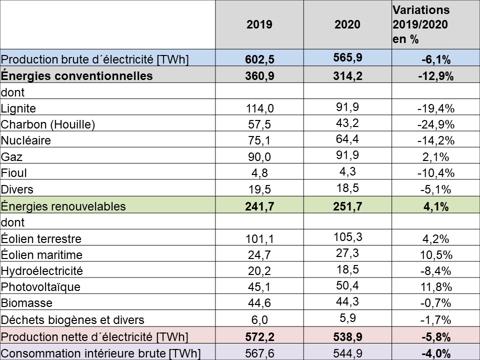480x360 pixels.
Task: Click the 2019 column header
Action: tap(259, 24)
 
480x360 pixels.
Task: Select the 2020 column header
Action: tap(347, 24)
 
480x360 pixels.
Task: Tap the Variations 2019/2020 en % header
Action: tap(421, 24)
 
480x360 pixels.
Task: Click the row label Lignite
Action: tap(19, 108)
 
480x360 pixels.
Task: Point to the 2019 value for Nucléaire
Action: tap(259, 141)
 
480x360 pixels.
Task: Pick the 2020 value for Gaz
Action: tap(347, 154)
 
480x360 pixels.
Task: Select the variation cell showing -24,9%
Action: tap(434, 125)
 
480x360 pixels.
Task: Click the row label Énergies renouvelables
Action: tap(63, 206)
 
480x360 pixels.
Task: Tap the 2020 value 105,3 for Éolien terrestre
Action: tap(347, 236)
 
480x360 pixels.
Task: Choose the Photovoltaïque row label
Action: tap(41, 287)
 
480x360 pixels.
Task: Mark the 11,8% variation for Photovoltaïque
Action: tap(434, 287)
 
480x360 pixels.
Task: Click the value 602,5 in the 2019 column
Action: tap(259, 60)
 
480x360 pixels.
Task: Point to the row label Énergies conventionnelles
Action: tap(76, 76)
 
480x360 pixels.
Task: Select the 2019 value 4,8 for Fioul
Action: tap(259, 173)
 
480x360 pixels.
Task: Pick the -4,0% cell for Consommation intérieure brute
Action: tap(434, 353)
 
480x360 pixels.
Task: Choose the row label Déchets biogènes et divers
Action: tap(72, 320)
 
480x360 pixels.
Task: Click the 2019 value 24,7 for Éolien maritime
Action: tap(259, 255)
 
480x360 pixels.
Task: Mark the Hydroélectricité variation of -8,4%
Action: tap(434, 271)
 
